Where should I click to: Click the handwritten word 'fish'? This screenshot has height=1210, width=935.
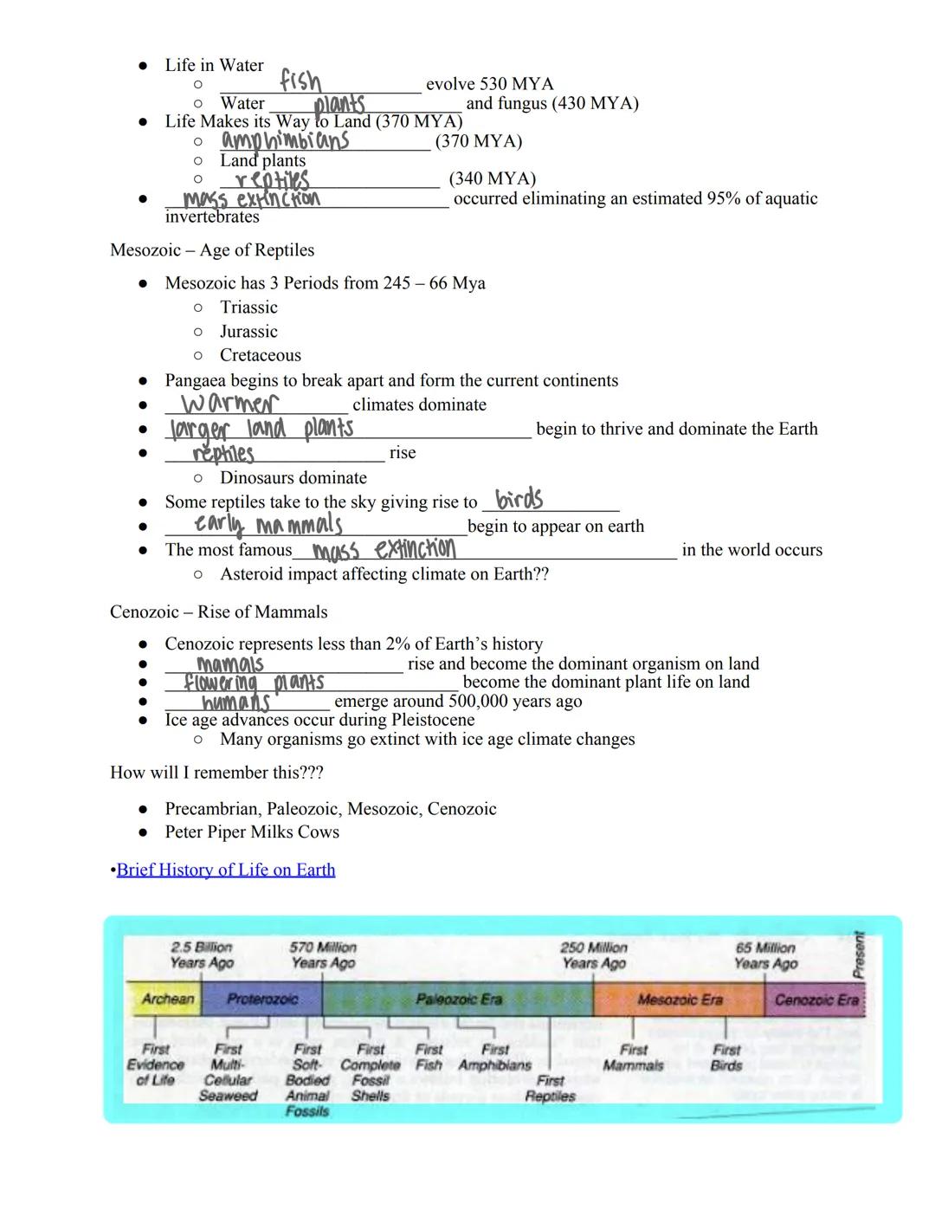[x=300, y=81]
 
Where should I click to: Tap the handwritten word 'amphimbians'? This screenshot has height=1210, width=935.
[x=286, y=140]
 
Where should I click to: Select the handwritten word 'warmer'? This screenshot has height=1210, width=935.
[x=229, y=404]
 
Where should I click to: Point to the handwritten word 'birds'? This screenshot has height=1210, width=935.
[x=519, y=499]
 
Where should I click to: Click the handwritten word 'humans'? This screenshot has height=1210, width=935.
[x=235, y=702]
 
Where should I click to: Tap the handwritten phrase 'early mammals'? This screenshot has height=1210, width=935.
[x=268, y=525]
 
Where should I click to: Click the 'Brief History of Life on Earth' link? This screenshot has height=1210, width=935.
[x=226, y=870]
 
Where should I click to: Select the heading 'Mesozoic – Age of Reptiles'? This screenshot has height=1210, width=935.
[x=212, y=250]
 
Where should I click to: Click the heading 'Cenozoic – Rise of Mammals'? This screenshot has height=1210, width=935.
[x=219, y=612]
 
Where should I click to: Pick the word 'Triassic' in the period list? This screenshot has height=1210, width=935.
[x=248, y=307]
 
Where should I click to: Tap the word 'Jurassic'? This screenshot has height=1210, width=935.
[x=248, y=332]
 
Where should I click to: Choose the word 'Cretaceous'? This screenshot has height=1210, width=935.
[x=261, y=355]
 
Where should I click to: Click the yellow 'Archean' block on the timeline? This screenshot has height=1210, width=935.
[x=166, y=999]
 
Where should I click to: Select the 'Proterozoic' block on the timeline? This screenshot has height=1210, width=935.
[x=261, y=999]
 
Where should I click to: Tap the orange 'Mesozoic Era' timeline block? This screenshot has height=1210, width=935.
[x=679, y=1000]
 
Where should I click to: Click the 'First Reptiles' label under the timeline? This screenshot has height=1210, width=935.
[x=550, y=1088]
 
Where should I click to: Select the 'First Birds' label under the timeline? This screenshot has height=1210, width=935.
[x=726, y=1058]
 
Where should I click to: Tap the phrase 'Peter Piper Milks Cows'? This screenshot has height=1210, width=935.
[x=252, y=832]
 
